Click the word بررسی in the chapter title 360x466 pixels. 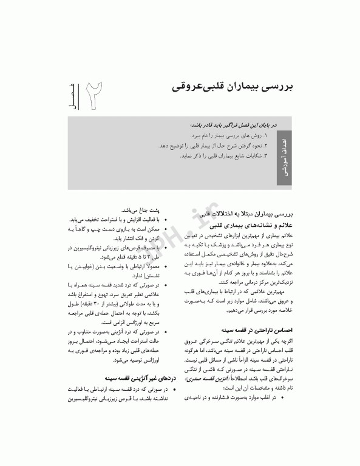pos(277,86)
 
